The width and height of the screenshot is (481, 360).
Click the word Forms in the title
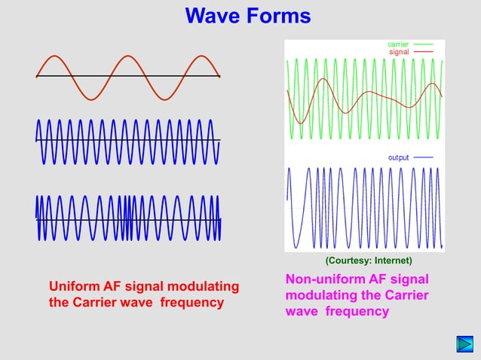(x=277, y=16)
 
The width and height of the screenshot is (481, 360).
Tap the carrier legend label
(x=398, y=44)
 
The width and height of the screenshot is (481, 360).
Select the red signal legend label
(x=399, y=52)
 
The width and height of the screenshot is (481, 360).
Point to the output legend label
(x=398, y=157)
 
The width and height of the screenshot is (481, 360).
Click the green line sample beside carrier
(x=423, y=44)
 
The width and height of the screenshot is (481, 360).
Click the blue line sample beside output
(x=423, y=157)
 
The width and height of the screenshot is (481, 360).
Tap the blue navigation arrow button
(x=464, y=346)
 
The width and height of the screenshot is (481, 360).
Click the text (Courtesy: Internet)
(x=368, y=261)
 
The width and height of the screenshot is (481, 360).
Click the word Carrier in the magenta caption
(x=406, y=295)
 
